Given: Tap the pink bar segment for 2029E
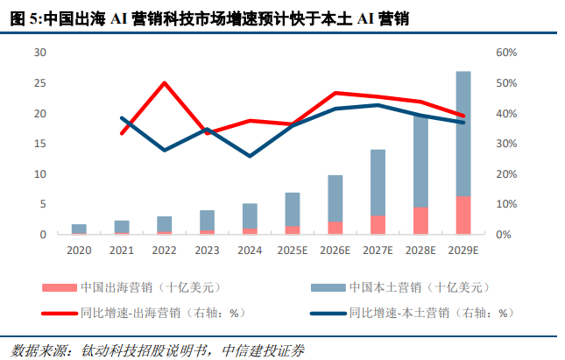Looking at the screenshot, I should [463, 215].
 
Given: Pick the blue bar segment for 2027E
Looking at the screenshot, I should [378, 182].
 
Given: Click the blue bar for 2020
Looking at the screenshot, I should [79, 228].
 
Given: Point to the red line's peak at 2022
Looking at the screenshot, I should [165, 83].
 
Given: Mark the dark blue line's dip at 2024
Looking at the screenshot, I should [251, 156].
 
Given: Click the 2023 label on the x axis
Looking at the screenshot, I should [208, 250].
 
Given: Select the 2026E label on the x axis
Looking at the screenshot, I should [335, 250].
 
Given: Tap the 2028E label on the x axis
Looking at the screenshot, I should [420, 250].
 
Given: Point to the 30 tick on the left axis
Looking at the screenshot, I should [39, 53].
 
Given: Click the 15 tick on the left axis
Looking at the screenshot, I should [39, 144].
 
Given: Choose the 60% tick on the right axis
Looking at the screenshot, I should [508, 53].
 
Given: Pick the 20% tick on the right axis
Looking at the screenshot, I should [508, 174].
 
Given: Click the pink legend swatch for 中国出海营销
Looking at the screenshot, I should [58, 287].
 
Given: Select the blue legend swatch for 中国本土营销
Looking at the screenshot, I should [327, 287].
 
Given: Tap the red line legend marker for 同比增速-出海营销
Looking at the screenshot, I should [58, 312].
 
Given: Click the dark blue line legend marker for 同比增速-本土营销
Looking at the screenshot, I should [327, 312].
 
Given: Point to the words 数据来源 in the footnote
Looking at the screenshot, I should [30, 348].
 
